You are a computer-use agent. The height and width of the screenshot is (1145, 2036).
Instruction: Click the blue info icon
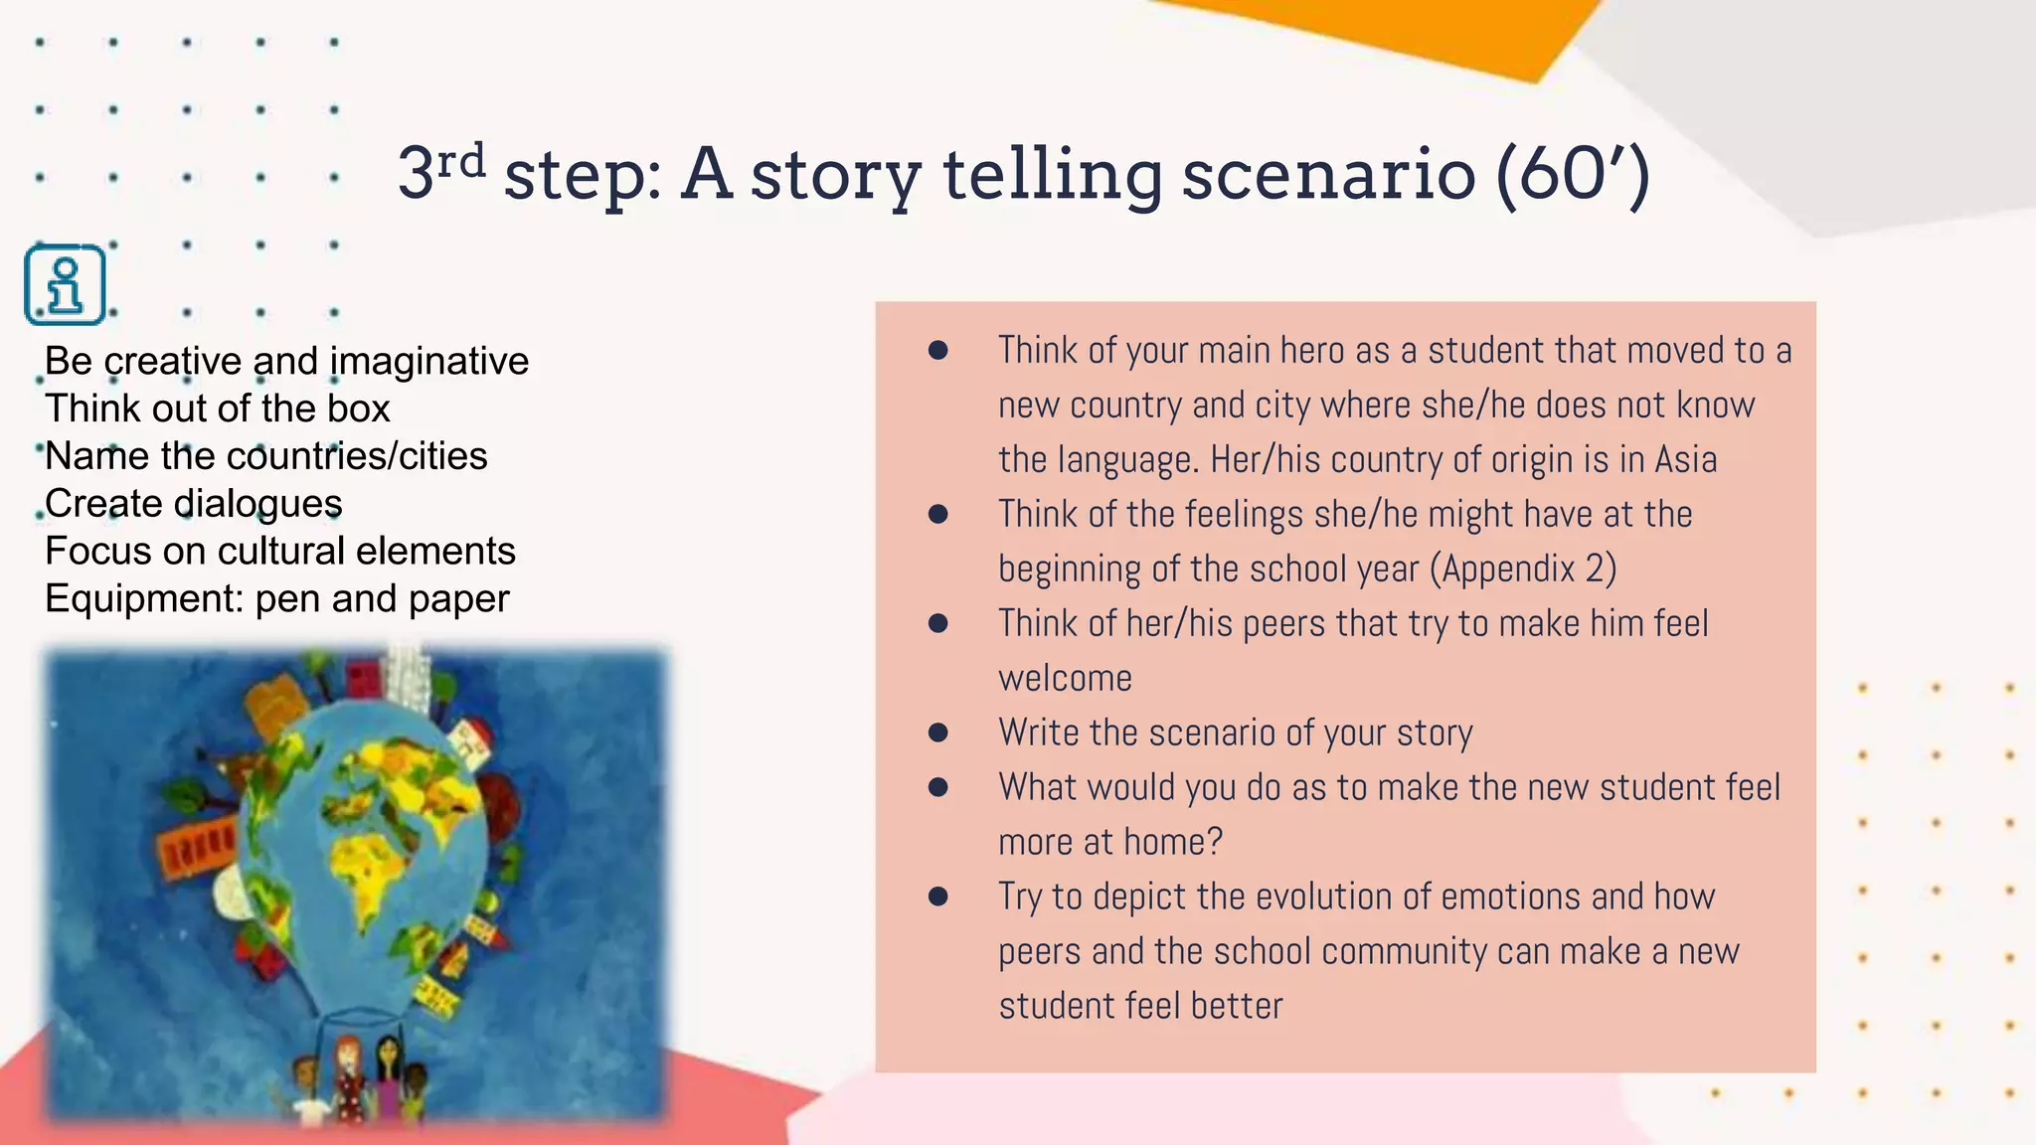65,284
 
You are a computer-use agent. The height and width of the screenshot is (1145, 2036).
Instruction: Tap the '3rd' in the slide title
441,171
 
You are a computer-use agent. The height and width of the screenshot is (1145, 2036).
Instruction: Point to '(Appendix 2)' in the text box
1523,570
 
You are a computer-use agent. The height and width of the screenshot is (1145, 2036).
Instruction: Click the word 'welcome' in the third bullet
1065,679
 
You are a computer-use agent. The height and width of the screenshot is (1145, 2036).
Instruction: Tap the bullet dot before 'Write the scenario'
937,733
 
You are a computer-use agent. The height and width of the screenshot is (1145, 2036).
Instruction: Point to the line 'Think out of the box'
218,409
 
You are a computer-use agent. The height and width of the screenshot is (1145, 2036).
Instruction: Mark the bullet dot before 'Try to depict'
937,897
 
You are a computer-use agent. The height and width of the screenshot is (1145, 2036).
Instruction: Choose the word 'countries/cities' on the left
357,456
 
